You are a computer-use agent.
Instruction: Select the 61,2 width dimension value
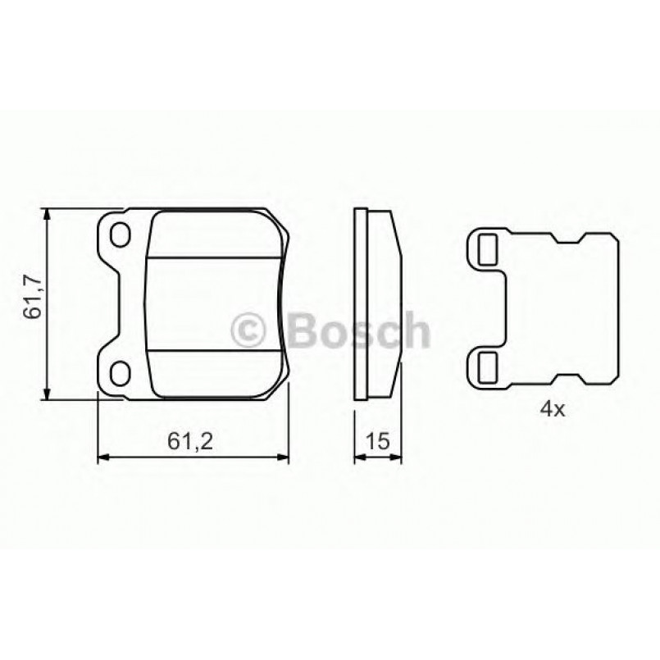pyautogui.click(x=191, y=441)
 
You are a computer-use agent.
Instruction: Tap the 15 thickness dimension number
pyautogui.click(x=378, y=441)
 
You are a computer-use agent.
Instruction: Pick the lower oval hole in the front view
pyautogui.click(x=121, y=373)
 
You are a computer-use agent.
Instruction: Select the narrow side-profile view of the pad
pyautogui.click(x=377, y=304)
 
